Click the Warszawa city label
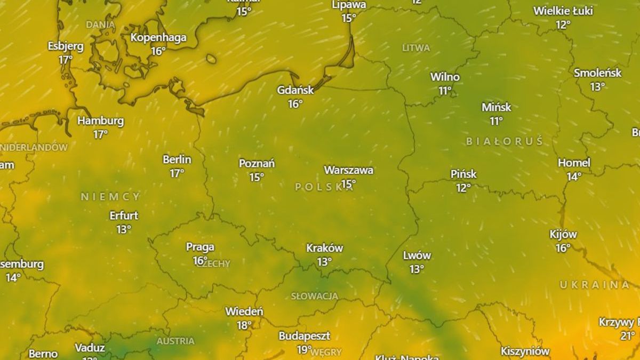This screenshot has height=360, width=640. point(348,170)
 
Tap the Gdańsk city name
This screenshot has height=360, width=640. point(295,90)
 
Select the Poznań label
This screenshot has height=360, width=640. point(257,163)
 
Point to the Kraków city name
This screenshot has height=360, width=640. point(324,248)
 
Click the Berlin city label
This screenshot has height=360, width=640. point(177,159)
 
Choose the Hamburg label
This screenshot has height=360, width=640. point(100,121)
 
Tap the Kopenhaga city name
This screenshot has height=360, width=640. point(158,37)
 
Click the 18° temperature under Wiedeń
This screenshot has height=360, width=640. point(244,325)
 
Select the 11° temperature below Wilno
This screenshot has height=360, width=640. point(445,91)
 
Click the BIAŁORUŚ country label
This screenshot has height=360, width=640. point(504,141)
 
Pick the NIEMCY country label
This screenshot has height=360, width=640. point(110,197)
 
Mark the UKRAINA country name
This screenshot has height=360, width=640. point(594,285)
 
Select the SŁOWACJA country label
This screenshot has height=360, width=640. point(314,296)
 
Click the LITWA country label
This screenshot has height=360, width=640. point(416,48)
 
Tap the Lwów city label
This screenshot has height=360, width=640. point(417,255)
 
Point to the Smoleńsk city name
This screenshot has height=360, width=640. point(597,73)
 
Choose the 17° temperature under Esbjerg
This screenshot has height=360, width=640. point(66,60)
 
